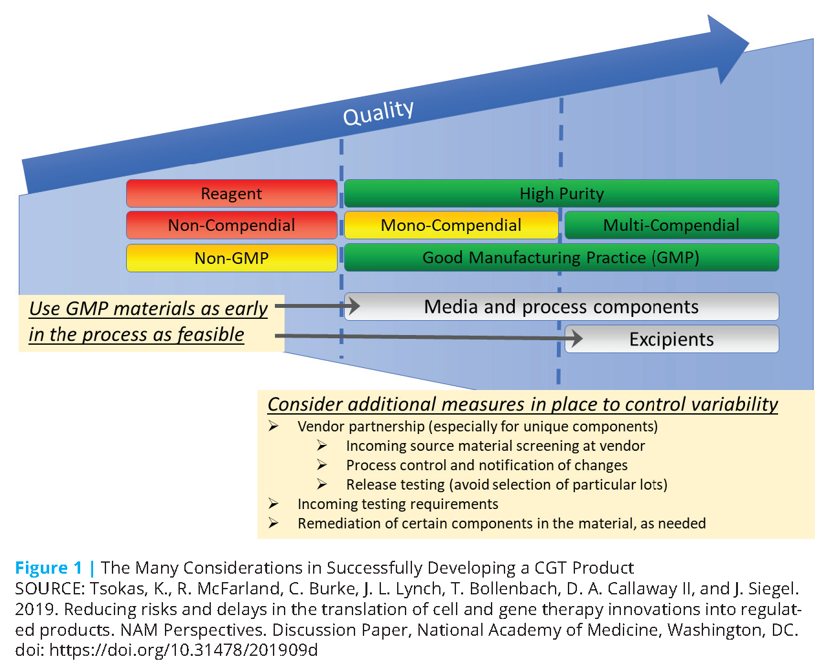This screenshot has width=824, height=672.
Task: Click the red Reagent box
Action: (x=232, y=193)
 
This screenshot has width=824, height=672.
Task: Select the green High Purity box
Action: (x=561, y=193)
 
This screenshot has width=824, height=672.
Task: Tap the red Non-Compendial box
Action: (x=232, y=225)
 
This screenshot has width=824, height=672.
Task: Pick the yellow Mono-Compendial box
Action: (x=451, y=225)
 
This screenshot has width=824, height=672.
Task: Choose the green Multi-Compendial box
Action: (x=671, y=225)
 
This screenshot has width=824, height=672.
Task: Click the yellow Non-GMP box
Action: (x=232, y=258)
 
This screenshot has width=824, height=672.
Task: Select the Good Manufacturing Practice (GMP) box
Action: (x=561, y=257)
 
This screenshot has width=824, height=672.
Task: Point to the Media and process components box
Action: (x=561, y=307)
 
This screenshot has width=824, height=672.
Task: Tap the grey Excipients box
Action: (x=671, y=340)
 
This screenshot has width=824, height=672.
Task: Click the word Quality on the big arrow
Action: (x=378, y=113)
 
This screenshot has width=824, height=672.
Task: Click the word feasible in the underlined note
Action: (x=211, y=334)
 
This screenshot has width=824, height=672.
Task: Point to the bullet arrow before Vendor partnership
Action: (x=274, y=426)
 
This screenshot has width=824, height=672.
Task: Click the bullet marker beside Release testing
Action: (x=322, y=484)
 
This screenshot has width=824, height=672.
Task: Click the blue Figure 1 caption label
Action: (x=49, y=568)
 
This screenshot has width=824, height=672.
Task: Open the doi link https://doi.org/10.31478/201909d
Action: (x=183, y=650)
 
